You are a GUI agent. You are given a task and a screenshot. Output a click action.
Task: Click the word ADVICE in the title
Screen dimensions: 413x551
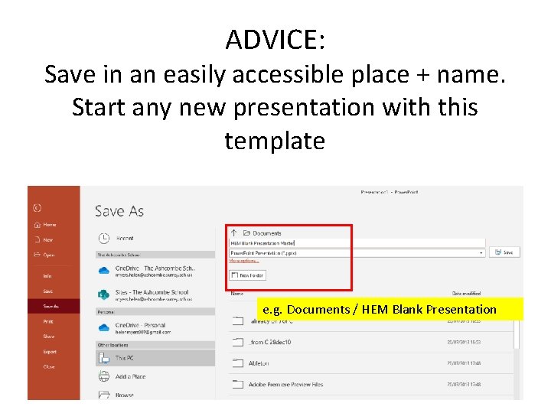275,40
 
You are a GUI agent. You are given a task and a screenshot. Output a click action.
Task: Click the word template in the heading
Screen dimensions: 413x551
275,141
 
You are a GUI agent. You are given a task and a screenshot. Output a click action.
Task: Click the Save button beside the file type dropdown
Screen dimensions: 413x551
504,252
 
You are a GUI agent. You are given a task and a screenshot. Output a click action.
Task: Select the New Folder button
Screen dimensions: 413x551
247,275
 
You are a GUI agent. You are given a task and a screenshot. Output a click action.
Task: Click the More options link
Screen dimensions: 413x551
245,261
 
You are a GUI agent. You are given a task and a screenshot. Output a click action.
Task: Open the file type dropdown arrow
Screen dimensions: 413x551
481,252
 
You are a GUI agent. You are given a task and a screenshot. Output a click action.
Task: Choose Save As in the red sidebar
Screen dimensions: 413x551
51,306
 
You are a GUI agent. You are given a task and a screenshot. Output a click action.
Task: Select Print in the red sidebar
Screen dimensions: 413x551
48,321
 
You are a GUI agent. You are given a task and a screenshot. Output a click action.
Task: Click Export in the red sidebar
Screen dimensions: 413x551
50,352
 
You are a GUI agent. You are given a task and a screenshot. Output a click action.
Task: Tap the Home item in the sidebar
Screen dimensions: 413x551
49,225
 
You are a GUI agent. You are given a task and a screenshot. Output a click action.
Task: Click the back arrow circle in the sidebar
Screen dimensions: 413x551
37,207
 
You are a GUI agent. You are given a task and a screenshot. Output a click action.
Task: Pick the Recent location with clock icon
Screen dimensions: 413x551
124,239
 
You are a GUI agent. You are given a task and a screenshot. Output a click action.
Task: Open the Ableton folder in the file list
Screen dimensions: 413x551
258,363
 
